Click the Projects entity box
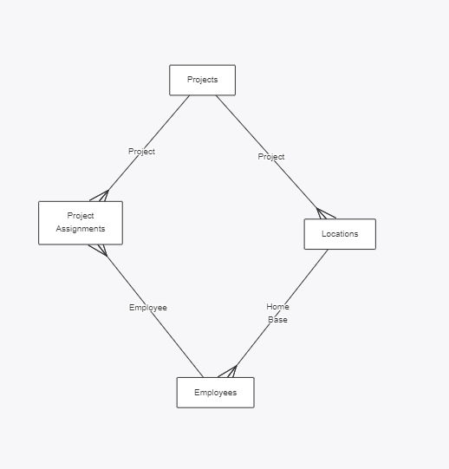(203, 80)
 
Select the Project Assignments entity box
(81, 223)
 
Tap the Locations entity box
(340, 234)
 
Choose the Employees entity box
(215, 393)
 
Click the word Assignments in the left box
(81, 229)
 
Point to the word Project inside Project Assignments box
(81, 216)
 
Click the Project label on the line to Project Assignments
(141, 152)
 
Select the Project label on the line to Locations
(271, 157)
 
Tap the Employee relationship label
(148, 308)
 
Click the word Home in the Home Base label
(277, 307)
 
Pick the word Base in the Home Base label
(277, 320)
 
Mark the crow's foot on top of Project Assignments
(100, 196)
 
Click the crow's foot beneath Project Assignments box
(99, 251)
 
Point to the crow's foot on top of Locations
(326, 213)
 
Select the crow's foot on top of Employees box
(228, 371)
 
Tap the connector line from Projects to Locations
(266, 152)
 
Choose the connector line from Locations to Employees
(282, 308)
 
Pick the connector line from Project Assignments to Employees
(155, 316)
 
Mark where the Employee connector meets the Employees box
(204, 377)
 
